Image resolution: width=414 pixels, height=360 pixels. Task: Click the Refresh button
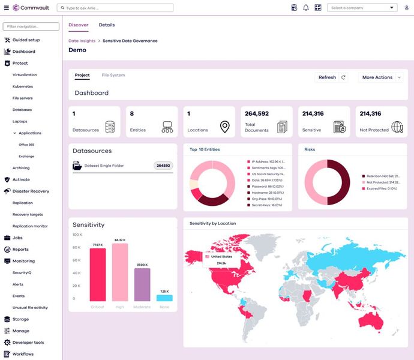click(331, 77)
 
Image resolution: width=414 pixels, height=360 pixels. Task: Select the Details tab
click(107, 25)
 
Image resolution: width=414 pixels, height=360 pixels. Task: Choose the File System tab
click(113, 76)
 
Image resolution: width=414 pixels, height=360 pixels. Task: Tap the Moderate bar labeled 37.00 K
click(142, 284)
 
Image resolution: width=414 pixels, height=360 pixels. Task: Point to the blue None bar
click(164, 298)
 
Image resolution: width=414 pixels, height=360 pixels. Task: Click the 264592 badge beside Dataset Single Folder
click(163, 166)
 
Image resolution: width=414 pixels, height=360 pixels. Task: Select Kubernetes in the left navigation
click(23, 86)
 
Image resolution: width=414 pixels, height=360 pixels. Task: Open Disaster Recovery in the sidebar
click(31, 191)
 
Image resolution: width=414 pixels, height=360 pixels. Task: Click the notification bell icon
click(306, 8)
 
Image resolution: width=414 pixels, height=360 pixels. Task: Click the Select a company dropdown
click(362, 8)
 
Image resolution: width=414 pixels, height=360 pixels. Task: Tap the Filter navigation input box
click(31, 27)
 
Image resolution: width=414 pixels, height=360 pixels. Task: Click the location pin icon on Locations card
click(224, 127)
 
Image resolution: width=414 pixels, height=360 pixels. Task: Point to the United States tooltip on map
click(221, 259)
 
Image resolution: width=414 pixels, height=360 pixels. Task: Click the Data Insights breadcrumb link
click(82, 41)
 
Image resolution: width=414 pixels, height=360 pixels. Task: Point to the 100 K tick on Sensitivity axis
click(77, 235)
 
